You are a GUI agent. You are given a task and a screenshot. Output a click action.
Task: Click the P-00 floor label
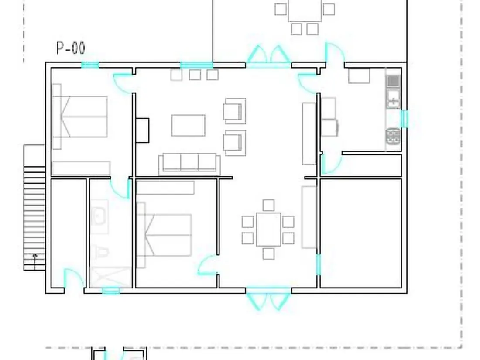pos(71,48)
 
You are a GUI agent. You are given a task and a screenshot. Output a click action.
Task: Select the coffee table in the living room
pos(188,125)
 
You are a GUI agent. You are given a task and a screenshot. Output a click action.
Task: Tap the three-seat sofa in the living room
pos(189,164)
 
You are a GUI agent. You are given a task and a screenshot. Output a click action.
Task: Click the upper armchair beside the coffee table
pos(234,111)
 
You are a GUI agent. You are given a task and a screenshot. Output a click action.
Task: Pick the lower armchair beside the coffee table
pos(234,143)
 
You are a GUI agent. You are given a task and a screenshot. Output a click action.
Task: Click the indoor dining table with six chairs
pos(268,230)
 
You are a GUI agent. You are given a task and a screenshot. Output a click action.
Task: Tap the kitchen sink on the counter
pos(393,98)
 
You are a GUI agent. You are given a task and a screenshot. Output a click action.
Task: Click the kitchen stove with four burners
pos(393,136)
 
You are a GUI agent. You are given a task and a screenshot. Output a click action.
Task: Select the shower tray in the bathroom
pos(111,277)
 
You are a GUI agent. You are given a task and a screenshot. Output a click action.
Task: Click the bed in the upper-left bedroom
pos(80,117)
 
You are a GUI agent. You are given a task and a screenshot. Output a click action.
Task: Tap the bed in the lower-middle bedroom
pos(165,235)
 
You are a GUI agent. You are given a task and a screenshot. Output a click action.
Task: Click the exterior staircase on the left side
pos(34,208)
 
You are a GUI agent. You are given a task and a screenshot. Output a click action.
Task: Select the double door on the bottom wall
pos(268,298)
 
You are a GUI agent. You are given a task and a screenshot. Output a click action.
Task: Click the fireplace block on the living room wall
pos(142,130)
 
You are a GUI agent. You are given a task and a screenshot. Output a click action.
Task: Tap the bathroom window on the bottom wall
pos(110,291)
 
